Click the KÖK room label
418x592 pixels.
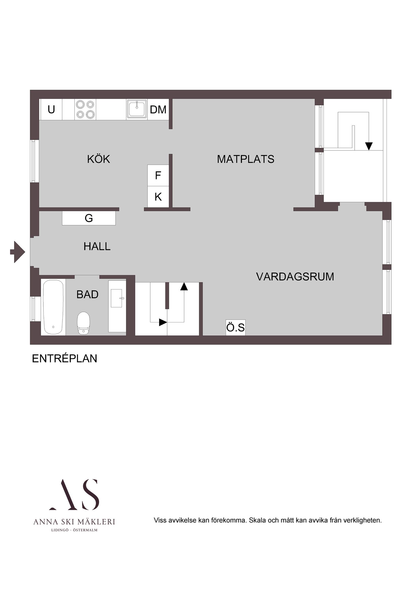click(98, 159)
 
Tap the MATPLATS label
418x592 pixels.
click(245, 159)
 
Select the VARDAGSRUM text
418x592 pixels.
click(295, 277)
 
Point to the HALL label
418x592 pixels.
click(97, 247)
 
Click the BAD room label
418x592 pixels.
click(87, 294)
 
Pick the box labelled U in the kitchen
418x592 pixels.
click(51, 110)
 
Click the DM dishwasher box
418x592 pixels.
click(158, 110)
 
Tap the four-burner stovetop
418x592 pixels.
click(85, 109)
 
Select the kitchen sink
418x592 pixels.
click(137, 109)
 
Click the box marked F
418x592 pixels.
click(158, 176)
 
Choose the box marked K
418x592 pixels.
click(158, 197)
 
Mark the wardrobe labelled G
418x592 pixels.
click(89, 218)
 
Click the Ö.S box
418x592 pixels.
click(235, 328)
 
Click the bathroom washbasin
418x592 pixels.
click(117, 298)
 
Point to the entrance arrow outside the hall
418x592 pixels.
click(17, 252)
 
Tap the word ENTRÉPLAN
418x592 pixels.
click(64, 359)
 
